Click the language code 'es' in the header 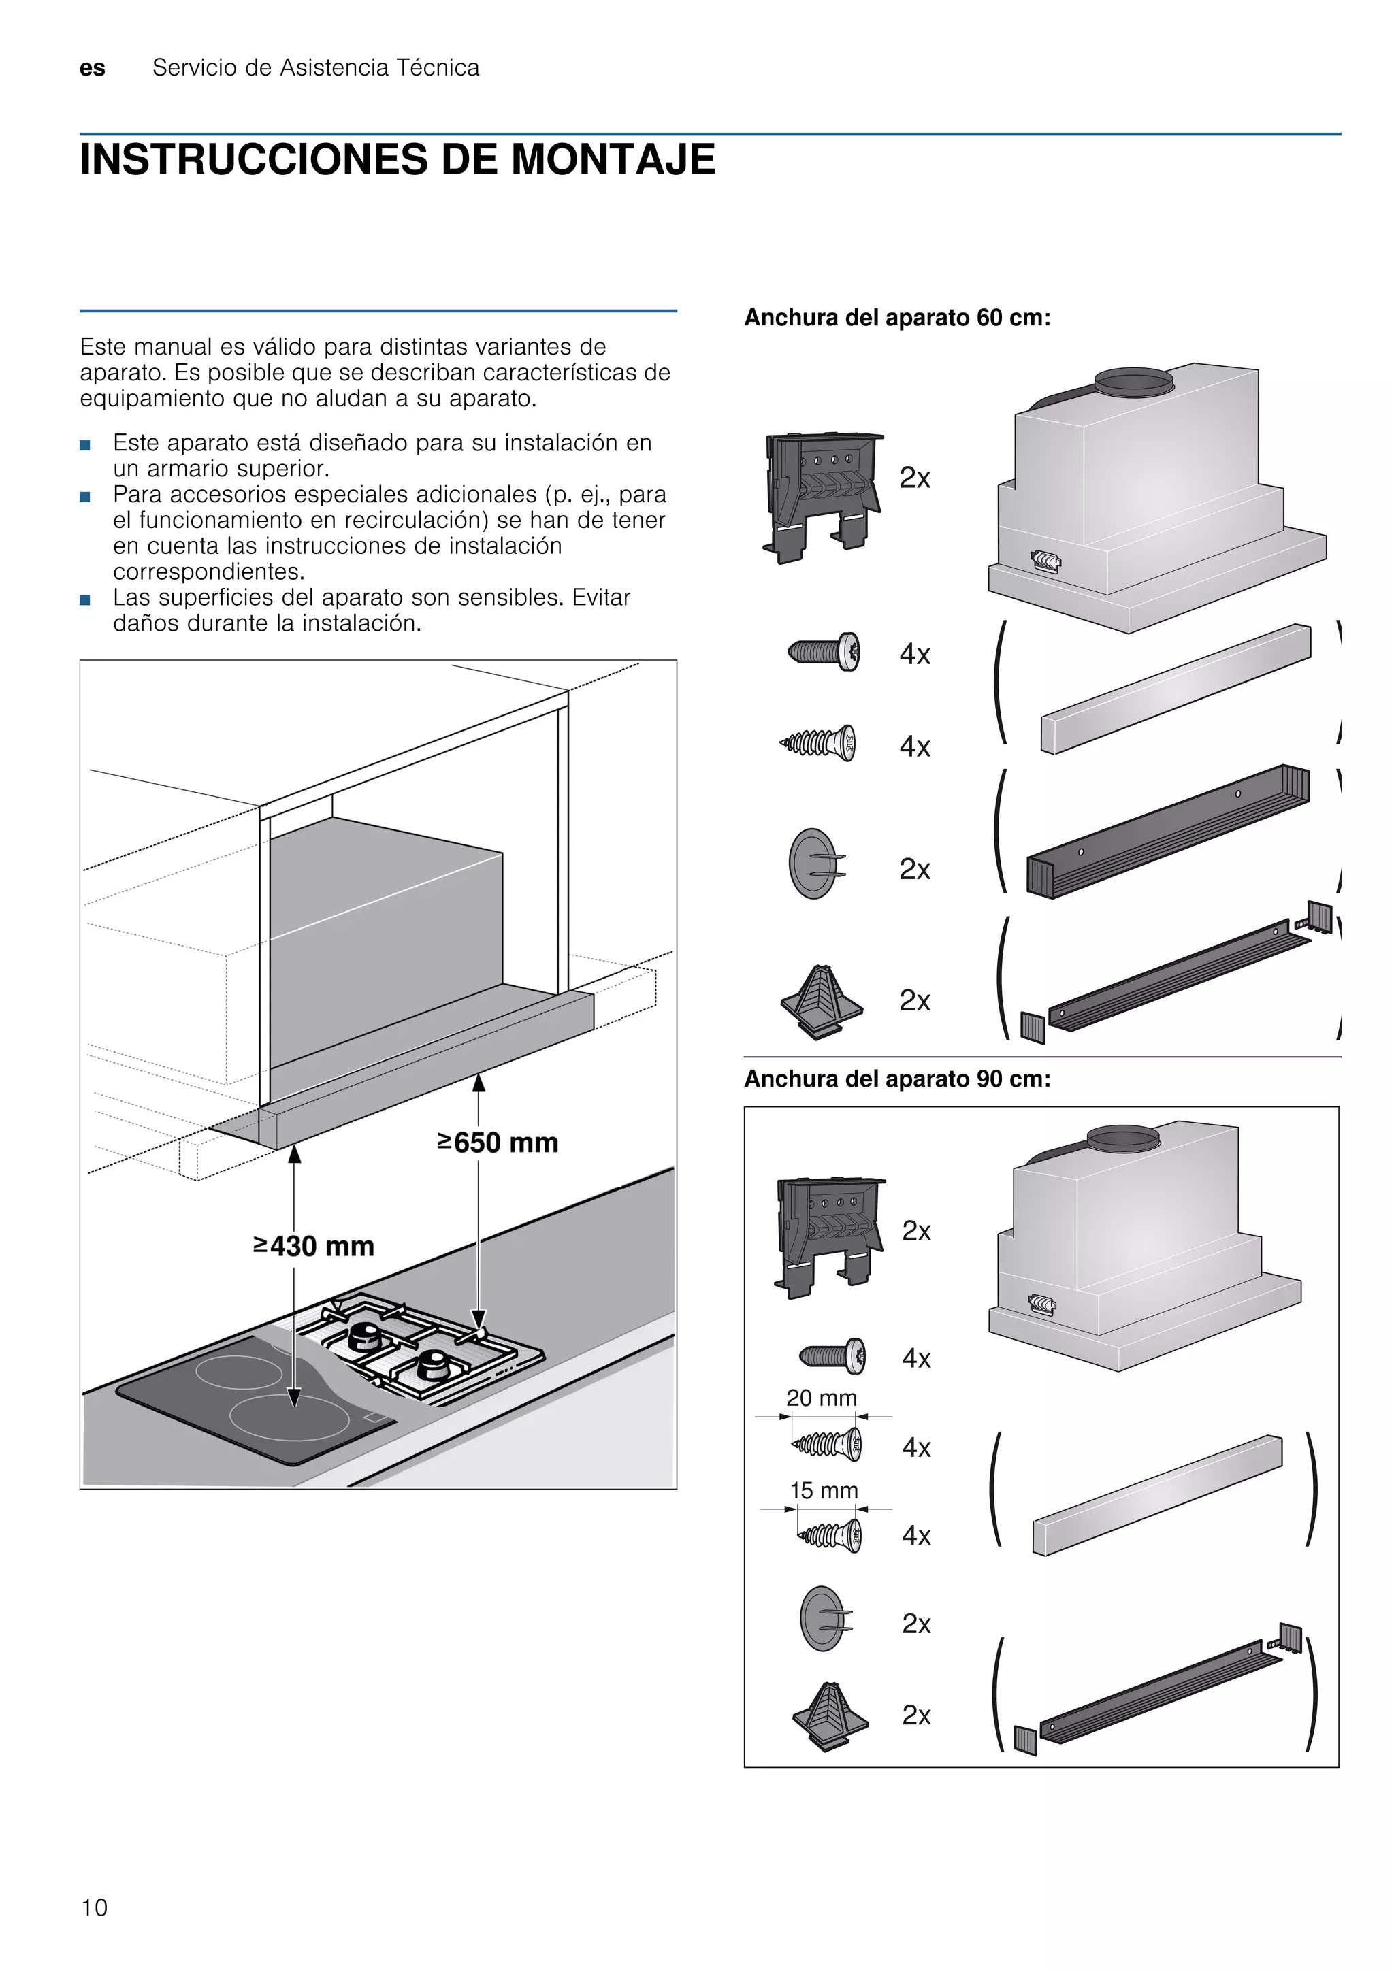92,69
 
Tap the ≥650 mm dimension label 498,1143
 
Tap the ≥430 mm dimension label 314,1245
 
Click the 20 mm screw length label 821,1398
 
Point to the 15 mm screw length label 824,1490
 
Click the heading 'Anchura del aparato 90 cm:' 896,1079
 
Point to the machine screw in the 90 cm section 831,1357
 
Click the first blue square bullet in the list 84,445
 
